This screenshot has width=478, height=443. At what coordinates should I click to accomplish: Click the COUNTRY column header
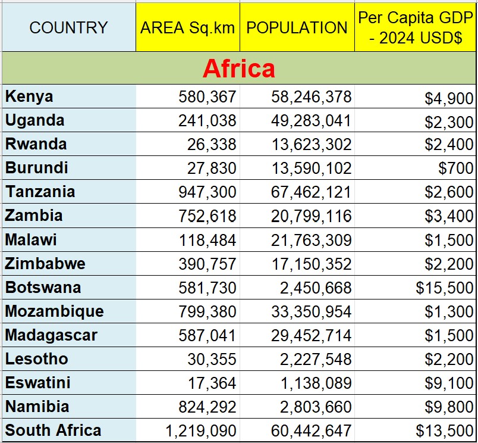click(x=68, y=27)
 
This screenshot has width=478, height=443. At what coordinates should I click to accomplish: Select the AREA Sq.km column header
click(x=188, y=27)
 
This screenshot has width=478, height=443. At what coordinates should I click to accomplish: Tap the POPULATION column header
click(x=297, y=27)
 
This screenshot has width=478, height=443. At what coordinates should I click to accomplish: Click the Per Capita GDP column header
click(x=416, y=27)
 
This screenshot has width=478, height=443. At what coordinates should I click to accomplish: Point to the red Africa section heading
click(x=238, y=69)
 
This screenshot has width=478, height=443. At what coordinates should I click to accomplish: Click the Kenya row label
click(x=29, y=96)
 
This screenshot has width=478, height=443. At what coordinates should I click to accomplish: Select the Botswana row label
click(x=43, y=288)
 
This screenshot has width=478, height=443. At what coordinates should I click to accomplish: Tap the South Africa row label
click(x=54, y=430)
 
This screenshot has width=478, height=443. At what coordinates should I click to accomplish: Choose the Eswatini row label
click(x=38, y=383)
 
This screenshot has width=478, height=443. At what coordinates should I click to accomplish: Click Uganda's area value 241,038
click(x=207, y=121)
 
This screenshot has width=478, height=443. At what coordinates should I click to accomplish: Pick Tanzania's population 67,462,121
click(x=311, y=192)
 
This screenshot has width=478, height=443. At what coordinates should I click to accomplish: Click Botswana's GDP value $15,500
click(x=445, y=288)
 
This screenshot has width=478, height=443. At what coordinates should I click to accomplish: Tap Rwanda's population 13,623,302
click(x=311, y=145)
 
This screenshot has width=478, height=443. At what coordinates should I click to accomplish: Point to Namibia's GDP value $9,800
click(x=449, y=407)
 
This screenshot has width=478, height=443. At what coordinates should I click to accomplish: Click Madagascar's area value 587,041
click(x=207, y=335)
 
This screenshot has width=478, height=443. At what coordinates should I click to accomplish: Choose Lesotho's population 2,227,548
click(x=316, y=359)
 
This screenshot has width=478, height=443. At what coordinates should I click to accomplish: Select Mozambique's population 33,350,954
click(x=311, y=311)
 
